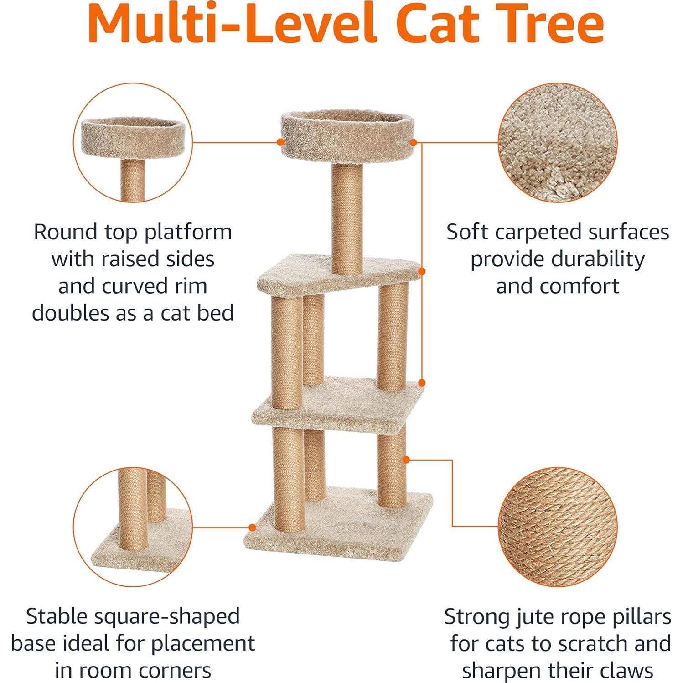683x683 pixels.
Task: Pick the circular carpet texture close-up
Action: pyautogui.click(x=557, y=142)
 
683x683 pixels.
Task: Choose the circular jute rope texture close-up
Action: pyautogui.click(x=557, y=527)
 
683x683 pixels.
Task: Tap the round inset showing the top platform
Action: pyautogui.click(x=133, y=142)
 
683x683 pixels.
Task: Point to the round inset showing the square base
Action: pyautogui.click(x=133, y=527)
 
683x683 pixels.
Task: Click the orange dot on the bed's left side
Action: pyautogui.click(x=281, y=142)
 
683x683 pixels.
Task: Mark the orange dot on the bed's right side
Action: pyautogui.click(x=413, y=142)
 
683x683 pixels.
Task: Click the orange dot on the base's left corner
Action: pyautogui.click(x=252, y=528)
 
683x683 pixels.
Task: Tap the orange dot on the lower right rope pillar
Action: pyautogui.click(x=406, y=460)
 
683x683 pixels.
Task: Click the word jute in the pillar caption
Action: pyautogui.click(x=532, y=617)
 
